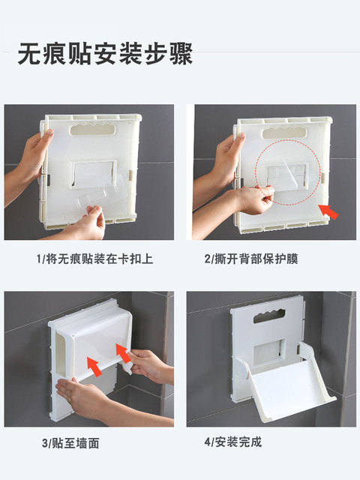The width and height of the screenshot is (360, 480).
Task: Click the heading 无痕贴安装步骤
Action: (x=105, y=54)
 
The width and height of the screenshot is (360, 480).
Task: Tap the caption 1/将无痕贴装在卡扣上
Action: (x=94, y=259)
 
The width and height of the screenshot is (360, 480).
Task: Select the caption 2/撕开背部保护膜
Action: (x=251, y=259)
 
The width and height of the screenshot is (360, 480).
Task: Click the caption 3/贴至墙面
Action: (x=70, y=443)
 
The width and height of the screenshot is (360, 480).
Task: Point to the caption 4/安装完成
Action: (x=233, y=442)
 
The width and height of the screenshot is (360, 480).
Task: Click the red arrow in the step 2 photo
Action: (x=328, y=211)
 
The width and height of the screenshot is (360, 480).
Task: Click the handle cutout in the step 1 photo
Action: (x=94, y=130)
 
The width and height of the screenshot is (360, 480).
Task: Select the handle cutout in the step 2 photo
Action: (x=284, y=133)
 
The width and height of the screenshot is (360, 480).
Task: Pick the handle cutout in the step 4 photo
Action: (x=269, y=317)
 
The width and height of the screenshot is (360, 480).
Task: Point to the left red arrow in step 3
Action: (x=94, y=366)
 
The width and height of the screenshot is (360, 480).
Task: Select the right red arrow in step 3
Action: (x=123, y=352)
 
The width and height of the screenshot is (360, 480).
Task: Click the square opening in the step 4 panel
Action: (x=269, y=352)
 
